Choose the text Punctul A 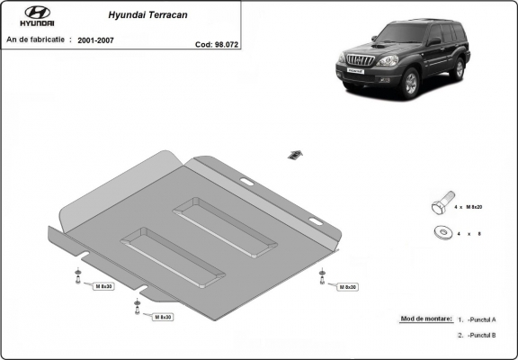tap(483, 319)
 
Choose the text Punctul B tap(483, 335)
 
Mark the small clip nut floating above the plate tap(292, 154)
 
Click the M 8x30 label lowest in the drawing tap(163, 317)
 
